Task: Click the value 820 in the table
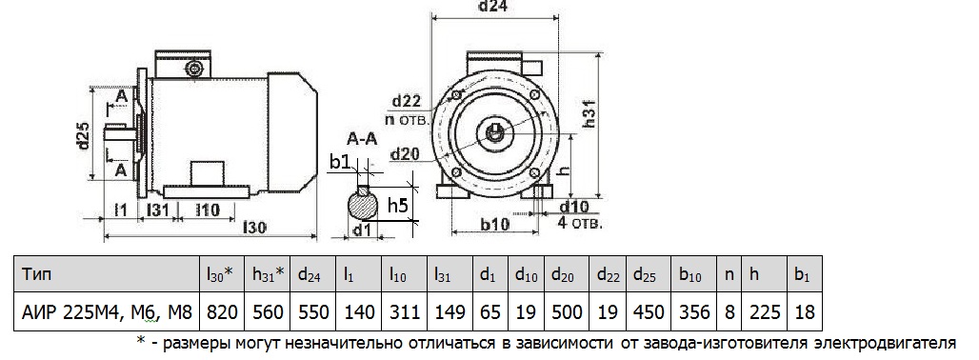click(222, 311)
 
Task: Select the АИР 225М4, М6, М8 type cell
click(107, 311)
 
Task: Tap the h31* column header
click(268, 273)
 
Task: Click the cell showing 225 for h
click(764, 311)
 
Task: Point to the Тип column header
click(37, 273)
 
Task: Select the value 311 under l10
click(404, 311)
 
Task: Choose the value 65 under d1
click(489, 311)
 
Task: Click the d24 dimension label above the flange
click(493, 7)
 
